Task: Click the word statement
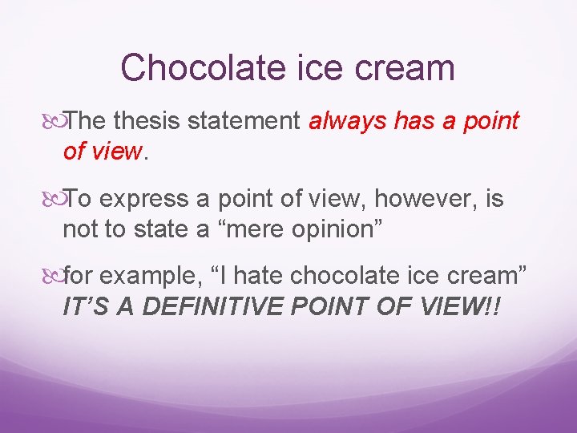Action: click(x=241, y=122)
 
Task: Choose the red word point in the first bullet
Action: click(x=488, y=122)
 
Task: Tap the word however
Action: click(x=415, y=199)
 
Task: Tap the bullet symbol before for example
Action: click(x=55, y=277)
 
